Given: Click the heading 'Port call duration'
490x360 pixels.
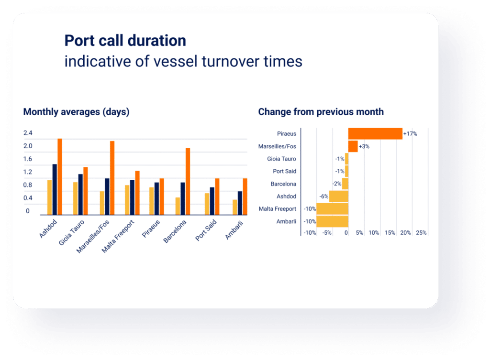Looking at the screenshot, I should (x=125, y=41).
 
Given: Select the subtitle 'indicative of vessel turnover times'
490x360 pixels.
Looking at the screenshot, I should (x=183, y=62).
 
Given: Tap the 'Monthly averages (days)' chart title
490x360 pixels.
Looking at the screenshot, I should (x=76, y=112).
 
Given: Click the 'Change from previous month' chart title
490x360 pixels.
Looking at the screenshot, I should (x=321, y=112).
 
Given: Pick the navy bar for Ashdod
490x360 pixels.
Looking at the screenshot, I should (x=55, y=189).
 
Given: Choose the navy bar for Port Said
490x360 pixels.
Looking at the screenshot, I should (x=212, y=201).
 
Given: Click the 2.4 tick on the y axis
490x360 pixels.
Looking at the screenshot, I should (x=28, y=133).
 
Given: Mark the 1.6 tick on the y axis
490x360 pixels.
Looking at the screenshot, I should (x=28, y=159).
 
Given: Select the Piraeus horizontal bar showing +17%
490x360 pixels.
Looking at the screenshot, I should (x=375, y=134).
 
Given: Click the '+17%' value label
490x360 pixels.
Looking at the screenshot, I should (x=410, y=134).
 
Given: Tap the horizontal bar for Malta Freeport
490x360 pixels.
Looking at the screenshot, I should (x=332, y=209).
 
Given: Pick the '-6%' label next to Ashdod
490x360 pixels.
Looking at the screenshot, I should (x=323, y=196).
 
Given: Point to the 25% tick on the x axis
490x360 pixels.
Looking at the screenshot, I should (x=421, y=233).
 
